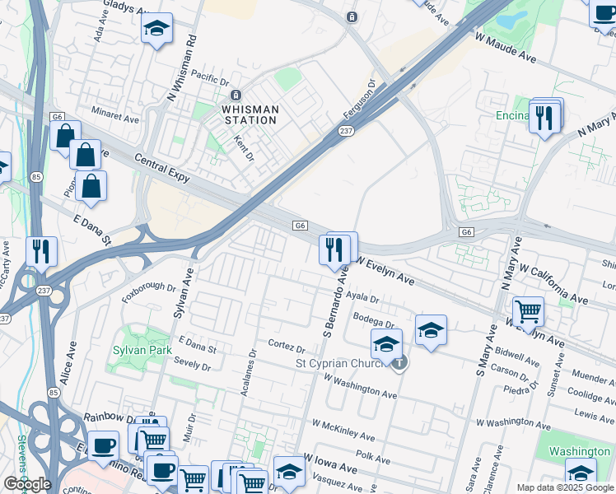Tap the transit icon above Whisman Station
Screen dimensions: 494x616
tap(236, 95)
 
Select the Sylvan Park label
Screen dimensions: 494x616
tap(142, 350)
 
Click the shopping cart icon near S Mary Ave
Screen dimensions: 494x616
tap(528, 311)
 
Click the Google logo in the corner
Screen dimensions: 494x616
tap(26, 484)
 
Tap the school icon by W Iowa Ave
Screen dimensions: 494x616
tap(289, 471)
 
